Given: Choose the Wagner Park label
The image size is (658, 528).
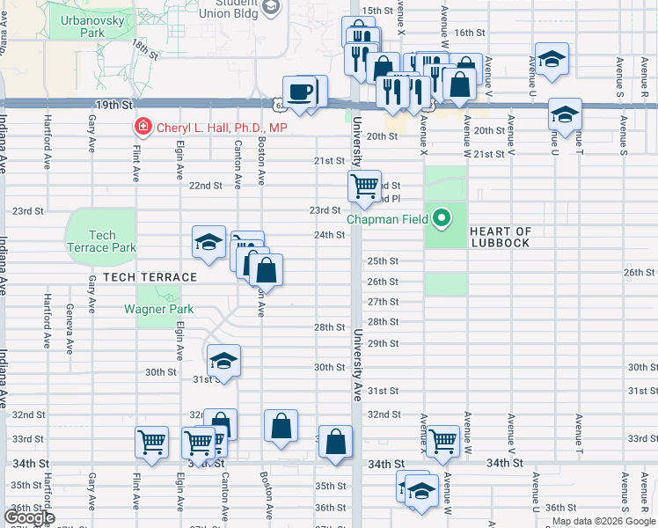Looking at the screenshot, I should click(158, 309).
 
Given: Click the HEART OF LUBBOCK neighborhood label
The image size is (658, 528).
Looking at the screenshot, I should click(513, 237).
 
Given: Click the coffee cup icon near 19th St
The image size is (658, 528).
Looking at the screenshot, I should click(301, 92).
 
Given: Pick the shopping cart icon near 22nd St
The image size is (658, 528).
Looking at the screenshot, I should click(363, 187).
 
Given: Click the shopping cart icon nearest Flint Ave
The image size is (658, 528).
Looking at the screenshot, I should click(152, 442).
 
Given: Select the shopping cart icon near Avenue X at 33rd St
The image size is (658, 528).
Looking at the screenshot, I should click(442, 440).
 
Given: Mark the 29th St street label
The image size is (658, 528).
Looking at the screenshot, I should click(384, 343).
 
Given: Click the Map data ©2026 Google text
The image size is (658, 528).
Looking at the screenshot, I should click(603, 521).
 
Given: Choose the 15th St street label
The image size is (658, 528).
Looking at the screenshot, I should click(377, 10).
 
